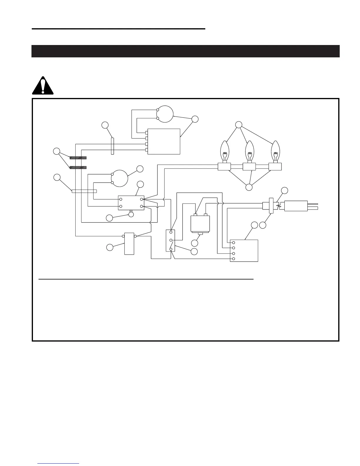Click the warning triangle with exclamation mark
click(x=43, y=86)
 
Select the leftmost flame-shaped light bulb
click(x=225, y=151)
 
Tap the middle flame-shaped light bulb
click(x=249, y=151)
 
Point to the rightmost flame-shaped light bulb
click(x=275, y=151)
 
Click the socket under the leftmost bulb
click(x=224, y=167)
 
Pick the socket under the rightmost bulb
click(x=275, y=167)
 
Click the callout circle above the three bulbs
click(x=239, y=125)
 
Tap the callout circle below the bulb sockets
click(x=249, y=187)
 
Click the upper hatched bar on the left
click(x=78, y=158)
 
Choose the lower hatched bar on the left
click(x=78, y=167)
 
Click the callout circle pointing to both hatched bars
click(x=56, y=152)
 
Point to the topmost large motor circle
click(x=165, y=114)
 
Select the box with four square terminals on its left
click(x=164, y=141)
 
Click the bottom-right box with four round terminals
click(x=244, y=251)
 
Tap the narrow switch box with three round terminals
click(x=171, y=241)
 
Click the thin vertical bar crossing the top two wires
click(x=112, y=146)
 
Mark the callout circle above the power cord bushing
click(x=284, y=190)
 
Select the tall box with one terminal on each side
click(x=129, y=244)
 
